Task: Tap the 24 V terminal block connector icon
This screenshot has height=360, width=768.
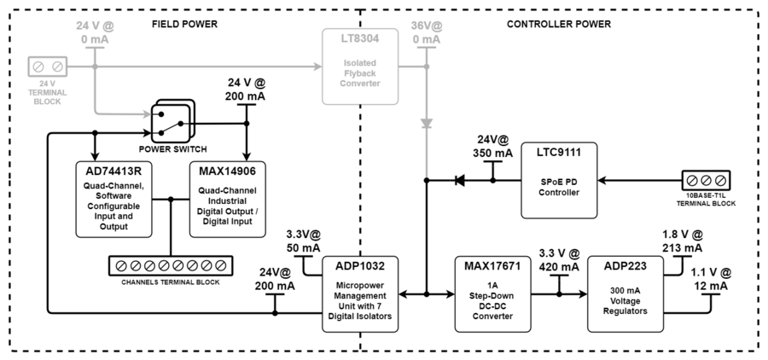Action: tap(47, 66)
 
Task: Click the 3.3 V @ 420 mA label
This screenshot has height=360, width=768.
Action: tap(559, 259)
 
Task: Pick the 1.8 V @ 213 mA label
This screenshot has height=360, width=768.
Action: tap(682, 241)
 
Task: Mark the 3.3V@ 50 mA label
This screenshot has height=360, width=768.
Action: tap(303, 241)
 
